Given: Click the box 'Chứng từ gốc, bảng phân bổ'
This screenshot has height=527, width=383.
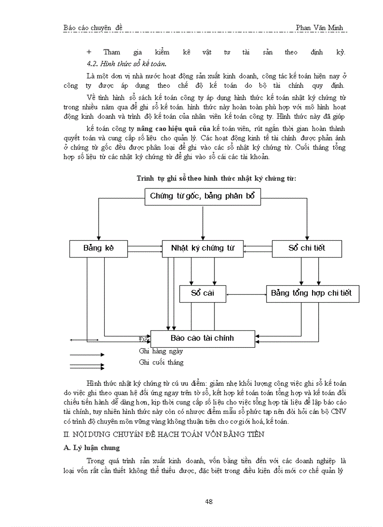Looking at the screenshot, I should (x=202, y=196).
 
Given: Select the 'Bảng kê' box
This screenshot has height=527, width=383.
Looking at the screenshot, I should (x=99, y=248).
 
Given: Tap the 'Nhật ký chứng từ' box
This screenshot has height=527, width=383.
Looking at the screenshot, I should (x=202, y=248).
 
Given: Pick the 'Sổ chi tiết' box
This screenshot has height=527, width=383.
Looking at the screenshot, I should (x=306, y=248).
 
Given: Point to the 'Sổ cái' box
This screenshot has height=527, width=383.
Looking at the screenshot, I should (x=202, y=294).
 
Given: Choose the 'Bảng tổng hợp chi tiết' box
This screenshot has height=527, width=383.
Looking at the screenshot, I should (x=311, y=294).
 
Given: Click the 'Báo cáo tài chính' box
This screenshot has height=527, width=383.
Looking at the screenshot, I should (x=202, y=338).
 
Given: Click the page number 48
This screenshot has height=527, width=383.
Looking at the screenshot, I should (x=209, y=502).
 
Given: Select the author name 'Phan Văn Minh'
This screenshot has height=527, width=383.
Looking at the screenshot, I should (x=319, y=28).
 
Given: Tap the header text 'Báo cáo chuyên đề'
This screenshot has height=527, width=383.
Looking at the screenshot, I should (x=92, y=28).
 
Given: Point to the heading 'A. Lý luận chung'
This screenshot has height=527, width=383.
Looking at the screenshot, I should (x=92, y=448).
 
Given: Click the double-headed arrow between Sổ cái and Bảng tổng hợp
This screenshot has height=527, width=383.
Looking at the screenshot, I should (x=246, y=294).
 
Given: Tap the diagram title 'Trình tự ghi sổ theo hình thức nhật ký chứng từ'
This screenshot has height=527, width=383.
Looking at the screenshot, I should (x=216, y=178).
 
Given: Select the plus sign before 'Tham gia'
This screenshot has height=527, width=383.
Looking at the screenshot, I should (x=89, y=52).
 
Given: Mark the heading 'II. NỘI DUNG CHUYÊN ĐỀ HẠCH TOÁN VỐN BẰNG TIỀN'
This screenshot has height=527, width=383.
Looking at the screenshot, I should (x=164, y=435).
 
